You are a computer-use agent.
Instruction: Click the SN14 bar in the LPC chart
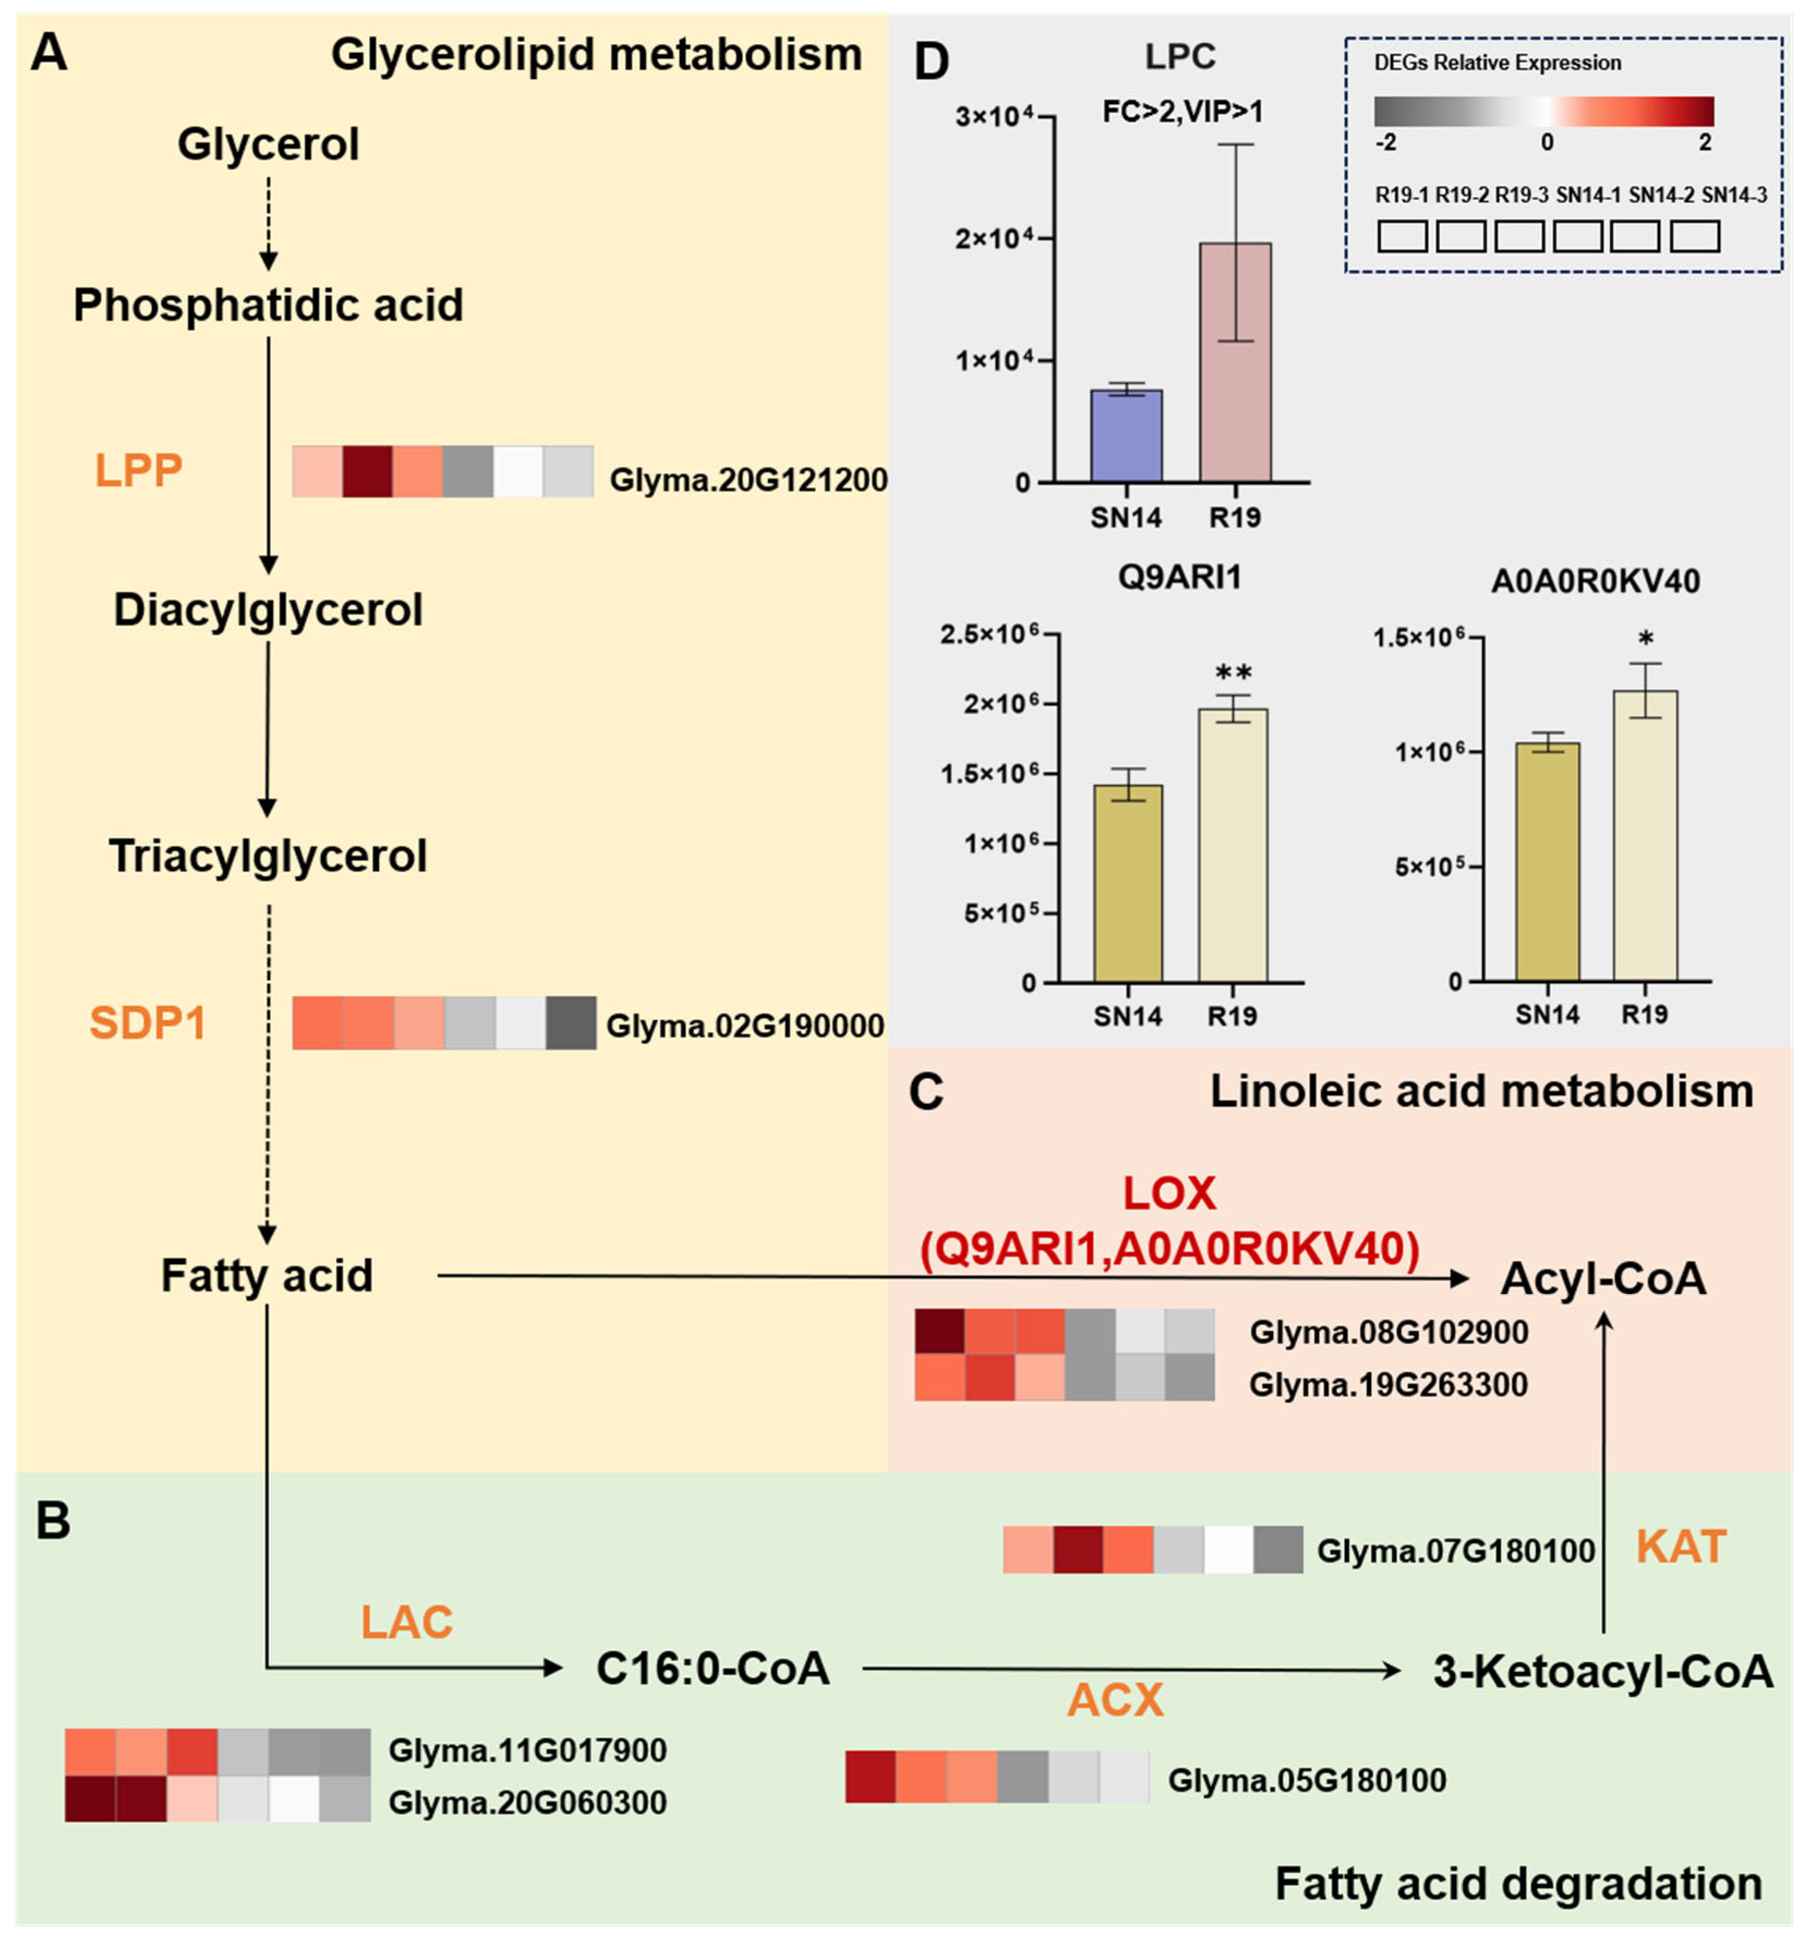click(1126, 436)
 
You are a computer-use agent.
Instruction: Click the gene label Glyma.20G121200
click(748, 480)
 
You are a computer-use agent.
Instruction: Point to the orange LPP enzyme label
click(138, 470)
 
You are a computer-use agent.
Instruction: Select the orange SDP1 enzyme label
click(147, 1023)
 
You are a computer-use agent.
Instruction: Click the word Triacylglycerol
click(268, 856)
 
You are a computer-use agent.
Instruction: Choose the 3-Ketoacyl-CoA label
click(1602, 1671)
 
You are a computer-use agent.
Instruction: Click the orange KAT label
click(1681, 1547)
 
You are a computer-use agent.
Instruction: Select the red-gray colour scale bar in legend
click(1543, 110)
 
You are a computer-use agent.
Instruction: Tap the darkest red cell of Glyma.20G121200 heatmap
click(368, 471)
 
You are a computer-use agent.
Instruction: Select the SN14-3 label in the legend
click(1734, 195)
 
